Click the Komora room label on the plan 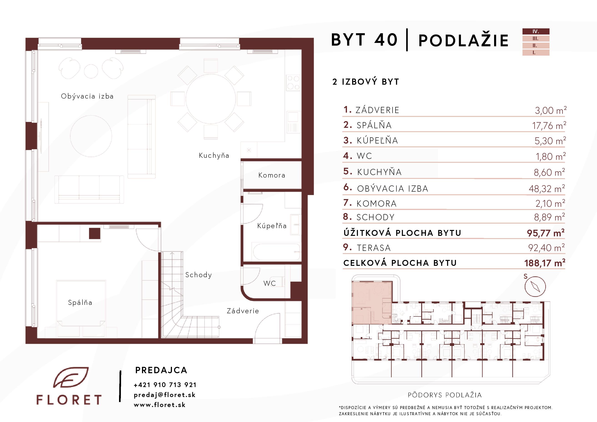(271, 175)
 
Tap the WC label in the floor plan (269, 283)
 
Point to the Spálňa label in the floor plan (80, 302)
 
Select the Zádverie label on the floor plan (243, 311)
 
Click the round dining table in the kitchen (211, 99)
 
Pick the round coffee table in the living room (91, 136)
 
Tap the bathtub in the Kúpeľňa (276, 252)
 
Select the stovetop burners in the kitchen (293, 82)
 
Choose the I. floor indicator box (536, 52)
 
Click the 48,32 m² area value (547, 188)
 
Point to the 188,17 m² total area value (545, 263)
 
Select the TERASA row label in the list (374, 248)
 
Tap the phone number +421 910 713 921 (165, 385)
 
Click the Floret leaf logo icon (71, 377)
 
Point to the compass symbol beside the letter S (535, 287)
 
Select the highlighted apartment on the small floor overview (372, 303)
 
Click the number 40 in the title (386, 40)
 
